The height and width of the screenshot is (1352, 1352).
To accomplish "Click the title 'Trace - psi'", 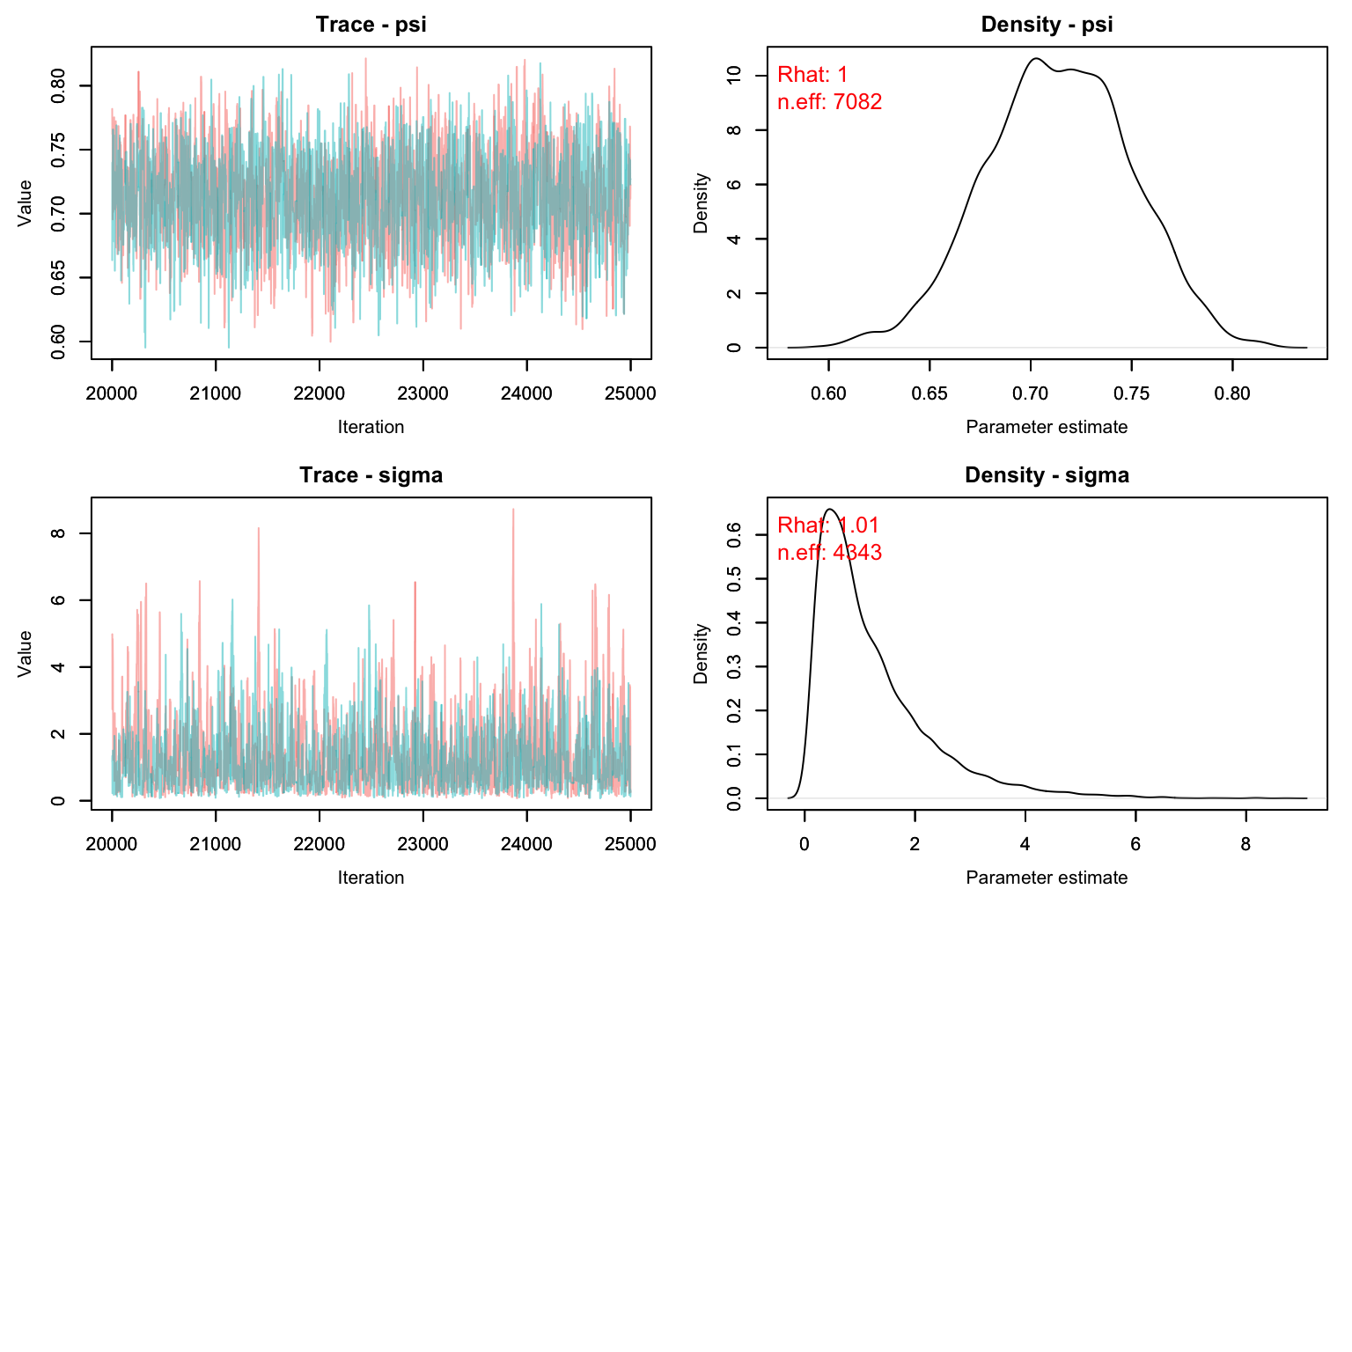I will [x=371, y=25].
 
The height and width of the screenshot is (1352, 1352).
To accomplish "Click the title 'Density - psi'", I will [x=1047, y=25].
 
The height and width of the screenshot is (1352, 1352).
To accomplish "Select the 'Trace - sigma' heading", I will [x=371, y=475].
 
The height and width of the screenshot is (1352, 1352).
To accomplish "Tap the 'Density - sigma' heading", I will [x=1047, y=475].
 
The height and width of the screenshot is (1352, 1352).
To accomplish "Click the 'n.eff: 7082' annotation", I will [x=829, y=102].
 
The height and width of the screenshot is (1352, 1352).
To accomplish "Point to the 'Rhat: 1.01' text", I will [x=828, y=525].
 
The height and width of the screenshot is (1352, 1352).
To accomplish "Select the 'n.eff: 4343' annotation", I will [x=829, y=553].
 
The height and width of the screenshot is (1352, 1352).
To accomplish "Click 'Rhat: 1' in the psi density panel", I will [x=812, y=75].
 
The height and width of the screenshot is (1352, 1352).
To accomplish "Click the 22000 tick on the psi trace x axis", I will [x=320, y=393].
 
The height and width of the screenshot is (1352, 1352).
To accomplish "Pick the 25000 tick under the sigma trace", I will [x=630, y=844].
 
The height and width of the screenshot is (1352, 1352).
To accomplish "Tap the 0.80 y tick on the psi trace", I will [x=59, y=85].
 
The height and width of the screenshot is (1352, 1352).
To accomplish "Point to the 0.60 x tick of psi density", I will [x=828, y=393].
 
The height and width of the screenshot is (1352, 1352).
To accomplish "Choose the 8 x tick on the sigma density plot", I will [x=1245, y=844].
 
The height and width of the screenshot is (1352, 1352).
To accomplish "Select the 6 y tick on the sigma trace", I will [x=59, y=600].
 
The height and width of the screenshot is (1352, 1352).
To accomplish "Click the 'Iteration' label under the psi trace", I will [x=371, y=427].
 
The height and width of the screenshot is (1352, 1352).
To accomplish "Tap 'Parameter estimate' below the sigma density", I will [x=1047, y=878].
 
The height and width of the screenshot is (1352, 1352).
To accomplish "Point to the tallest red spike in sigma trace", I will [x=513, y=510].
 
